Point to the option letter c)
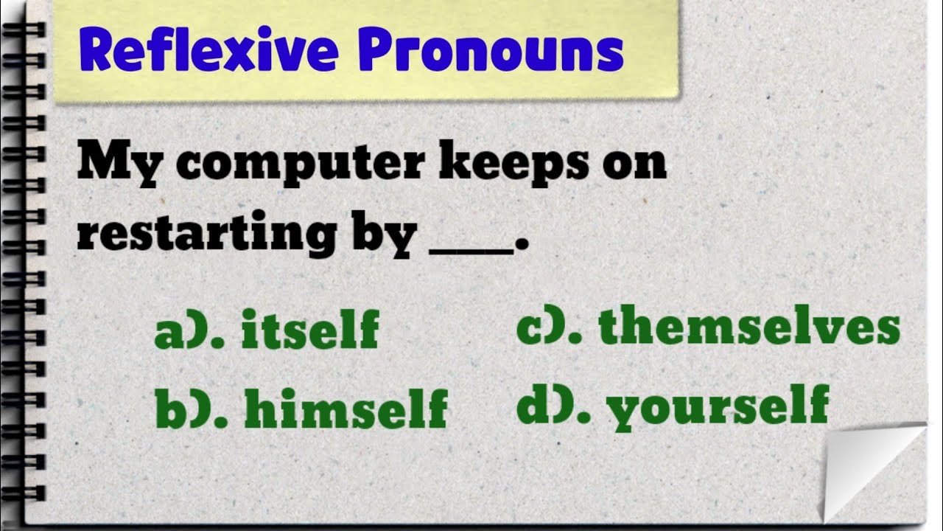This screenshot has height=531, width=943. [x=544, y=328]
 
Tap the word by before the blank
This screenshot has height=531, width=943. [x=388, y=235]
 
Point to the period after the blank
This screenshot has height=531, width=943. [x=522, y=248]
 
